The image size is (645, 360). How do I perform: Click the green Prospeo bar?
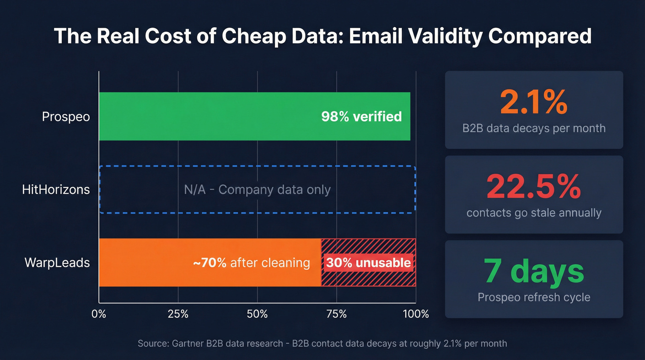[x=207, y=116]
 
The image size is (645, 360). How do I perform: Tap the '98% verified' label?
[x=361, y=116]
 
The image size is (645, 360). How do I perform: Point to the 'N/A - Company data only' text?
[x=257, y=189]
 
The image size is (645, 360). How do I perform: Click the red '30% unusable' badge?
[x=368, y=263]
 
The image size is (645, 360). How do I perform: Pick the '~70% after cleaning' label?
[x=251, y=263]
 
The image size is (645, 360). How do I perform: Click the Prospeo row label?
[x=66, y=117]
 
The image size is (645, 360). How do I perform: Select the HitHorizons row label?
[x=56, y=189]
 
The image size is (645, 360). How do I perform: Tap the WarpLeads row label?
[x=57, y=263]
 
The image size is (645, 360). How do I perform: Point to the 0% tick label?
[x=99, y=314]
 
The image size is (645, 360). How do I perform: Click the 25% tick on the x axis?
[x=178, y=314]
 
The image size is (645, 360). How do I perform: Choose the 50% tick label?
[x=258, y=314]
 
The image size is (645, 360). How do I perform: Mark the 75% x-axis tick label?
[x=337, y=314]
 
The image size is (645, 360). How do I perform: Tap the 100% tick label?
[x=416, y=314]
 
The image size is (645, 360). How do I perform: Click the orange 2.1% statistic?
[x=534, y=102]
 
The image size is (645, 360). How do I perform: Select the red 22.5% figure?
[x=534, y=187]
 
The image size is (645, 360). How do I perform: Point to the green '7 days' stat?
[x=534, y=271]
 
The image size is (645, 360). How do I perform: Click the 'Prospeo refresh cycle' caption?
[x=534, y=297]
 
